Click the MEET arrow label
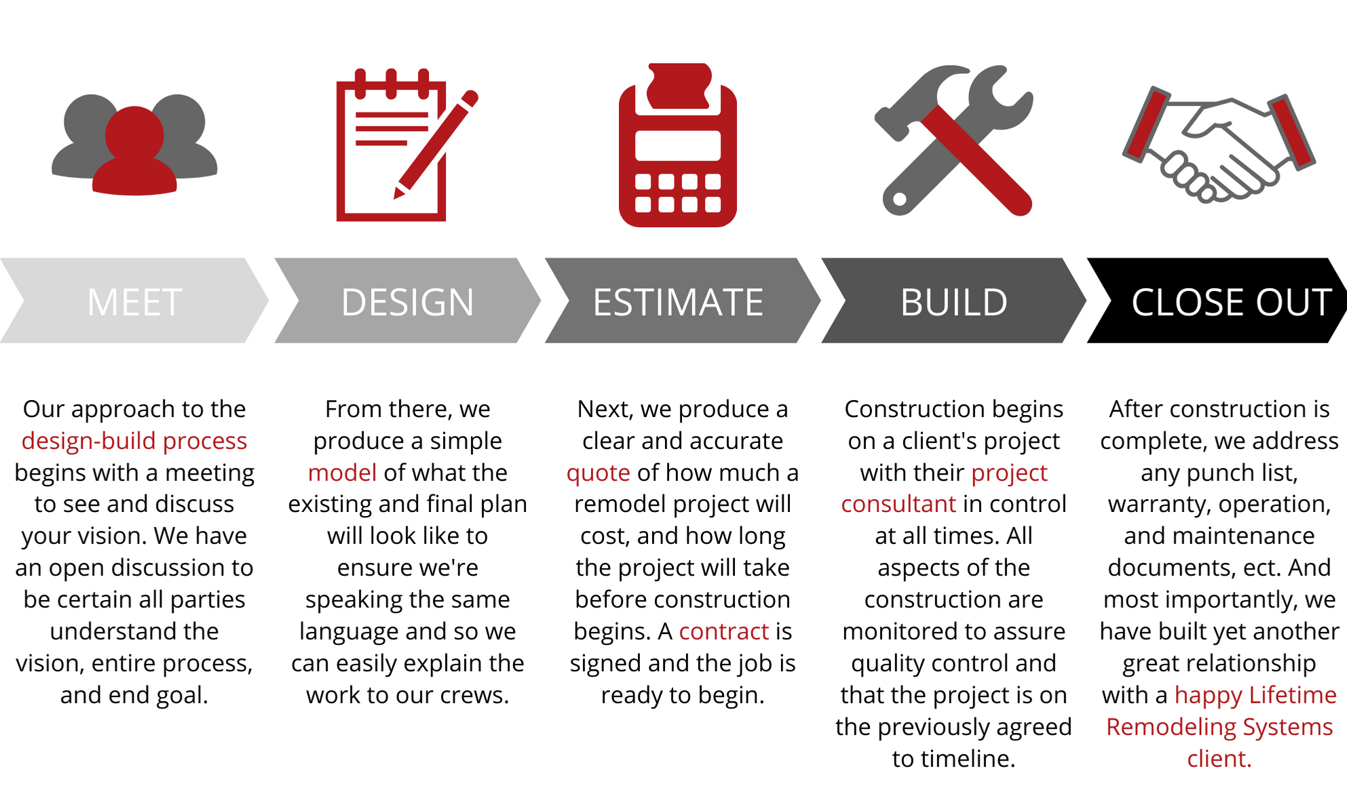(134, 302)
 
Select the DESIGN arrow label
(407, 302)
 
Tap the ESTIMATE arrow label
(678, 302)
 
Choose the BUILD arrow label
(953, 302)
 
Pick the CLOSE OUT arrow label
(1230, 302)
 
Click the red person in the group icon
(134, 153)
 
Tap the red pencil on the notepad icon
(434, 146)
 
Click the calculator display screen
(677, 145)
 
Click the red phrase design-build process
(134, 441)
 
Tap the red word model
(342, 473)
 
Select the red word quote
(598, 473)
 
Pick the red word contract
(723, 631)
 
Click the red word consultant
(898, 504)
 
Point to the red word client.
(1218, 759)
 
